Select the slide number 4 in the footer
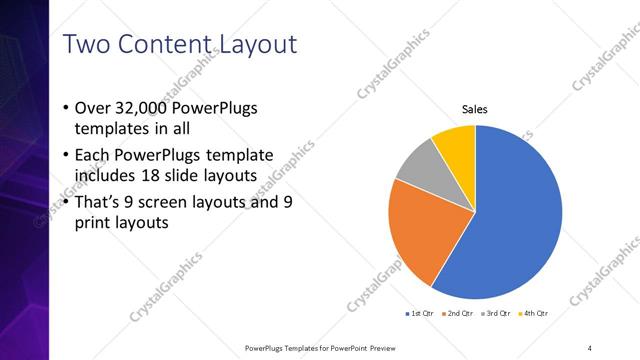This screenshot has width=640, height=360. point(590,347)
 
